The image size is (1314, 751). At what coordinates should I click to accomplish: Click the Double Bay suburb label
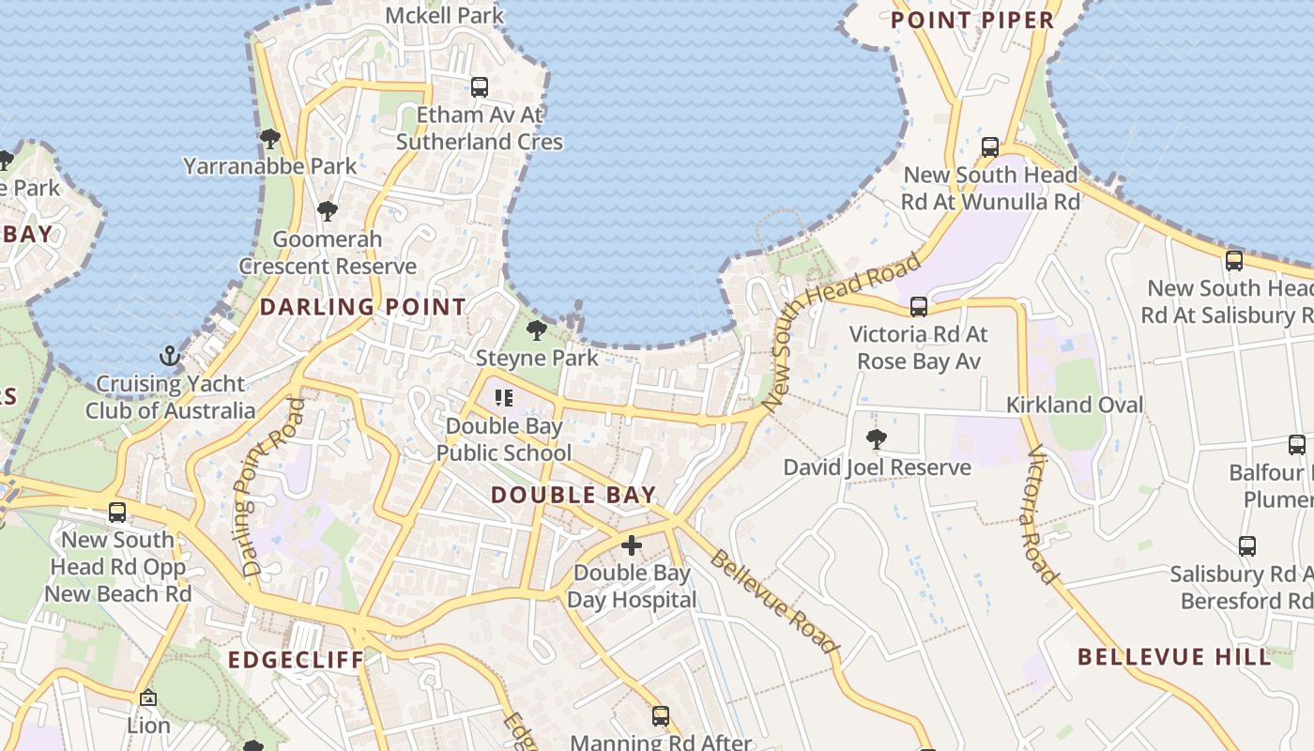[x=573, y=495]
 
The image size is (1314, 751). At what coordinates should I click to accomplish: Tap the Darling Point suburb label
[x=362, y=307]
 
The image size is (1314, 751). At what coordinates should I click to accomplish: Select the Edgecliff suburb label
[x=296, y=660]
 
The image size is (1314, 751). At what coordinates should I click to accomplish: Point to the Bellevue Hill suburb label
[x=1174, y=656]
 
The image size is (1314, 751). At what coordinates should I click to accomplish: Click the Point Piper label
[x=972, y=20]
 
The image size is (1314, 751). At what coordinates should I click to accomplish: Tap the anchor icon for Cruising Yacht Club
[x=170, y=356]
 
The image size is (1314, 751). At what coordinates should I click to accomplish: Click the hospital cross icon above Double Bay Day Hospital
[x=632, y=545]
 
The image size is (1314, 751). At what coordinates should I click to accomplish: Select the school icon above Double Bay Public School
[x=504, y=398]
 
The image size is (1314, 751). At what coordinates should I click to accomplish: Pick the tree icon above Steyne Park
[x=537, y=330]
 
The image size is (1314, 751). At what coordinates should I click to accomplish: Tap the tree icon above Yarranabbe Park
[x=270, y=139]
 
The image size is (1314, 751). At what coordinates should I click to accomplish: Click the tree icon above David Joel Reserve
[x=877, y=438]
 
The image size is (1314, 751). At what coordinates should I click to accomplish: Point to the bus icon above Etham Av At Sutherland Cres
[x=480, y=87]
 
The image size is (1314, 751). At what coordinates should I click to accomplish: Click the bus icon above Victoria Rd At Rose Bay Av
[x=918, y=306]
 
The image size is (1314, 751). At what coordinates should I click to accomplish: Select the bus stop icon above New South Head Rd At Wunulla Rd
[x=990, y=147]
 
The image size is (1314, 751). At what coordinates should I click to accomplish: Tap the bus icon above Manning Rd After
[x=661, y=716]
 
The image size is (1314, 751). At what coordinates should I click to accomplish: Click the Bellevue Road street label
[x=772, y=602]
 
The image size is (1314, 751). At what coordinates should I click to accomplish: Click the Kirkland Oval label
[x=1075, y=405]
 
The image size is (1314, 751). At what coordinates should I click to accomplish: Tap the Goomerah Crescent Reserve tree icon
[x=327, y=211]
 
